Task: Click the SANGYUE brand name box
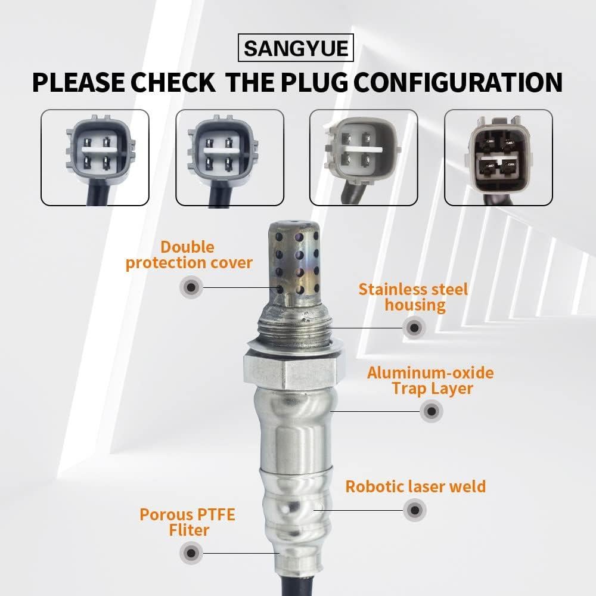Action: coord(296,48)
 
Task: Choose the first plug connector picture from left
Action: coord(95,157)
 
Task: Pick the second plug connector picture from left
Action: coord(229,157)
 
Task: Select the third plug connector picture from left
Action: coord(364,157)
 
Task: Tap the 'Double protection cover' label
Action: coord(189,254)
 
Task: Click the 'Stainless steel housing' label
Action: coord(413,297)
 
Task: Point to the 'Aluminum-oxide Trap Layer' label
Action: coord(430,380)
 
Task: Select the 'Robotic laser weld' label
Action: coord(415,486)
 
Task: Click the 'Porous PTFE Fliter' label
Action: coord(187,521)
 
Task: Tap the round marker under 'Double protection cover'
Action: coord(191,287)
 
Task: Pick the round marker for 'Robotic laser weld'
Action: coord(415,510)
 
